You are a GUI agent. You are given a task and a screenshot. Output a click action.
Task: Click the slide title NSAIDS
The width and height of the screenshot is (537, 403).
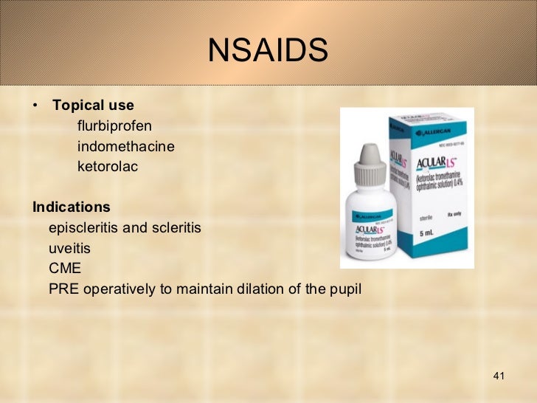pos(268,51)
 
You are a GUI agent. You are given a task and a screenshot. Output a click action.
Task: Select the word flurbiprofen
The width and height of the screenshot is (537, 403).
pos(114,125)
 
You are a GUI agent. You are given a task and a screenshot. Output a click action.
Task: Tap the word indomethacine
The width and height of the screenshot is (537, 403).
pos(126,146)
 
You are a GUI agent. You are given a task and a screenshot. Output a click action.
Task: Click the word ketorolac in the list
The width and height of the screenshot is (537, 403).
pos(108,167)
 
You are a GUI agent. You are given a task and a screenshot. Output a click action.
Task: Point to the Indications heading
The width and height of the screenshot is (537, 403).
pos(72,207)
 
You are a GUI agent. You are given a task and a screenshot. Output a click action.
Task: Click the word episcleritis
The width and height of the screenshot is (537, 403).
pos(83,227)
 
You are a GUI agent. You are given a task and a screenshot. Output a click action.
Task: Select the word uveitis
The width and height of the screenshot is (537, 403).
pos(69,248)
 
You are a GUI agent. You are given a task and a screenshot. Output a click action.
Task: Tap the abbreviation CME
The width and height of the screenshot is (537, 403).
pos(65,268)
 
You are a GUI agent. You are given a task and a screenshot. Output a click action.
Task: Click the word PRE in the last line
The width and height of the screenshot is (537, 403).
pos(64,289)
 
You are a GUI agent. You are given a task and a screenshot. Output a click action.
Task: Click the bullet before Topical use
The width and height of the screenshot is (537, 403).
pos(35,106)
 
